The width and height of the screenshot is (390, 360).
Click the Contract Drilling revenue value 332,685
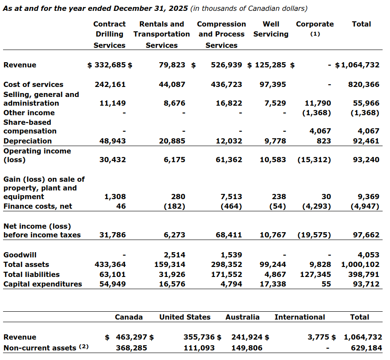110,65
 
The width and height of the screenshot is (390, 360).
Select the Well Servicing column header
271,29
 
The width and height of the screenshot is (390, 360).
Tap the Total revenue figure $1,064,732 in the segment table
357,65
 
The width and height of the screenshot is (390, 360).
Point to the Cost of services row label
33,84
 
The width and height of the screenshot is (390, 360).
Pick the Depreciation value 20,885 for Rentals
172,141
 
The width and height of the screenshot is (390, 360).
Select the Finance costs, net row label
38,206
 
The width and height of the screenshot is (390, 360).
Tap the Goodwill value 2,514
174,255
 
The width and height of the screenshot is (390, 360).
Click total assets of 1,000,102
360,264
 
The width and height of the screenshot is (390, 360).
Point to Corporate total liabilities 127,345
315,274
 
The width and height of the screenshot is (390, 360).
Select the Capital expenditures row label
43,284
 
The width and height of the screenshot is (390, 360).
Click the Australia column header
242,317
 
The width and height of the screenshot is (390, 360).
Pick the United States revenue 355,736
200,337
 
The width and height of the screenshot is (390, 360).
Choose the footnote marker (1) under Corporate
315,34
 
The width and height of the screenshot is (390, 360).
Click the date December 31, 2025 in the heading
151,9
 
